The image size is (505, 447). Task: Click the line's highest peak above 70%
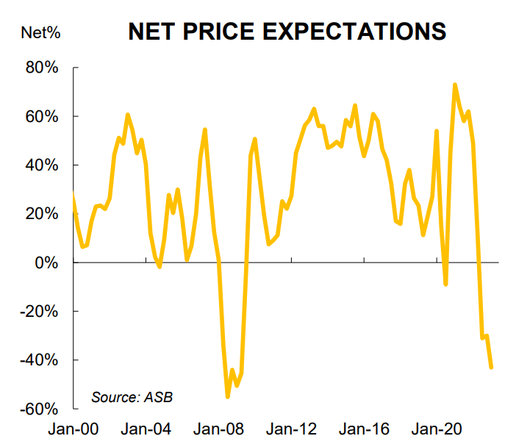(x=455, y=85)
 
